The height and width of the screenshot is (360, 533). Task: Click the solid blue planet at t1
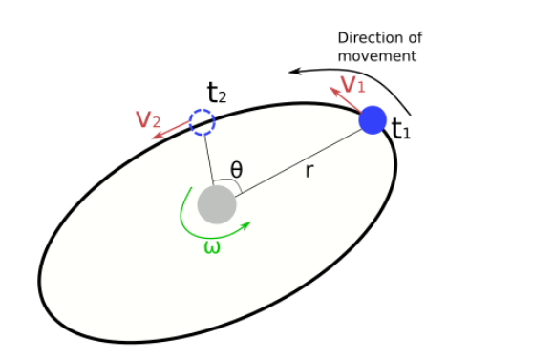point(373,120)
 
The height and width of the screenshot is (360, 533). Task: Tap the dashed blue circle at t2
point(202,122)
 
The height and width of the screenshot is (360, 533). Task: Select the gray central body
point(217,204)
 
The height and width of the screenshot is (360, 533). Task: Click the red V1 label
point(353,84)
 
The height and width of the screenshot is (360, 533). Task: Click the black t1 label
point(401,131)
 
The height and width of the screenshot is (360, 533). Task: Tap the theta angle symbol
point(236,169)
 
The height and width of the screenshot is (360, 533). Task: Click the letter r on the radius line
point(309,173)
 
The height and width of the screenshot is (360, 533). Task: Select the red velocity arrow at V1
point(343,98)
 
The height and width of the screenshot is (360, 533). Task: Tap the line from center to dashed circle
point(208,158)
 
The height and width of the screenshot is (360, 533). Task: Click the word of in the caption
point(414,38)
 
